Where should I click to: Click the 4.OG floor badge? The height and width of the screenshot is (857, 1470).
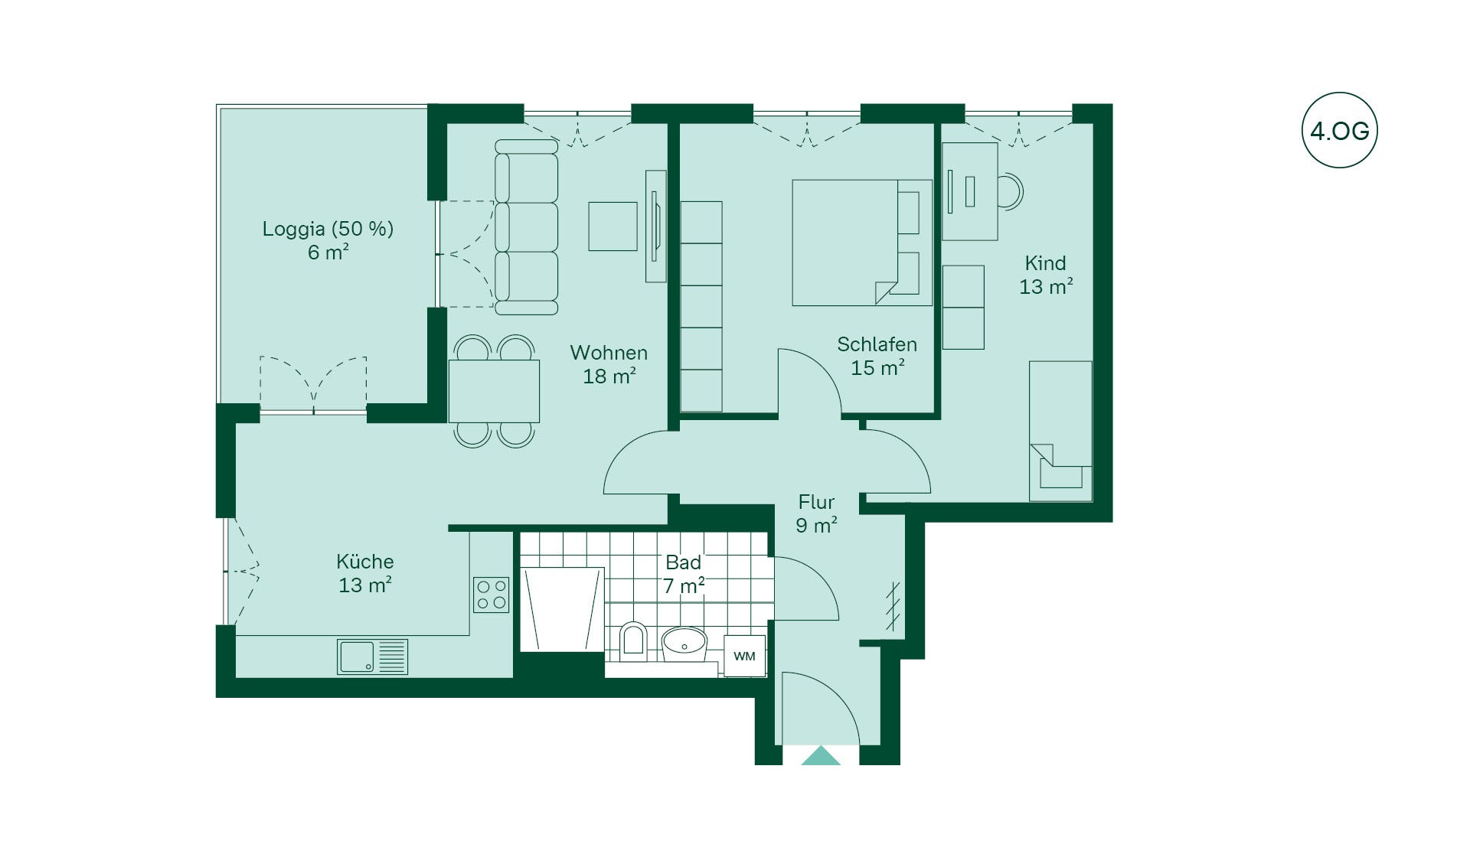pos(1339,131)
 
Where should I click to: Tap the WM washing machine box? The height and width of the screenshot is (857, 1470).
pos(744,656)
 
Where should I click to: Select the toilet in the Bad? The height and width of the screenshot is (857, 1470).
pos(632,641)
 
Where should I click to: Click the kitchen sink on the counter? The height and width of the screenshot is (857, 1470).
pos(372,657)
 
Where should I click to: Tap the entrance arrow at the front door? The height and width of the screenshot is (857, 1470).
pos(821,755)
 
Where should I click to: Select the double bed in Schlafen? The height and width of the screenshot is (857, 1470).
pos(862,243)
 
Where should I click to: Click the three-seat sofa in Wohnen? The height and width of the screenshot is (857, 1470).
pos(526,227)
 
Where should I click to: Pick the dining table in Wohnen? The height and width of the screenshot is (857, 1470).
pos(494,391)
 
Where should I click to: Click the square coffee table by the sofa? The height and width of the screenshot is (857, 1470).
pos(612,226)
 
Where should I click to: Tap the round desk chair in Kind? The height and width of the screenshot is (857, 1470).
pos(1011,191)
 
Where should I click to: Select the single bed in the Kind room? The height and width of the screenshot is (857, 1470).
pos(1060,431)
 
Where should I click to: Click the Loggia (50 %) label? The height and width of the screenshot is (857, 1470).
pos(328,229)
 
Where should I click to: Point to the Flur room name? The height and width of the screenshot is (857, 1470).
pos(816,502)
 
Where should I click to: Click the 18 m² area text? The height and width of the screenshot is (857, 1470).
pos(609,376)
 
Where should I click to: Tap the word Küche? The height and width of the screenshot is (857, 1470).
pos(365,561)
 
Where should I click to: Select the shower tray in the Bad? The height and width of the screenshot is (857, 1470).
pos(563,609)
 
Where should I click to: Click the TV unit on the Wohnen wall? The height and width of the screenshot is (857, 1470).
pos(655,226)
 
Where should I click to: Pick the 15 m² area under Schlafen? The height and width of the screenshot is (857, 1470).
pos(878,367)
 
